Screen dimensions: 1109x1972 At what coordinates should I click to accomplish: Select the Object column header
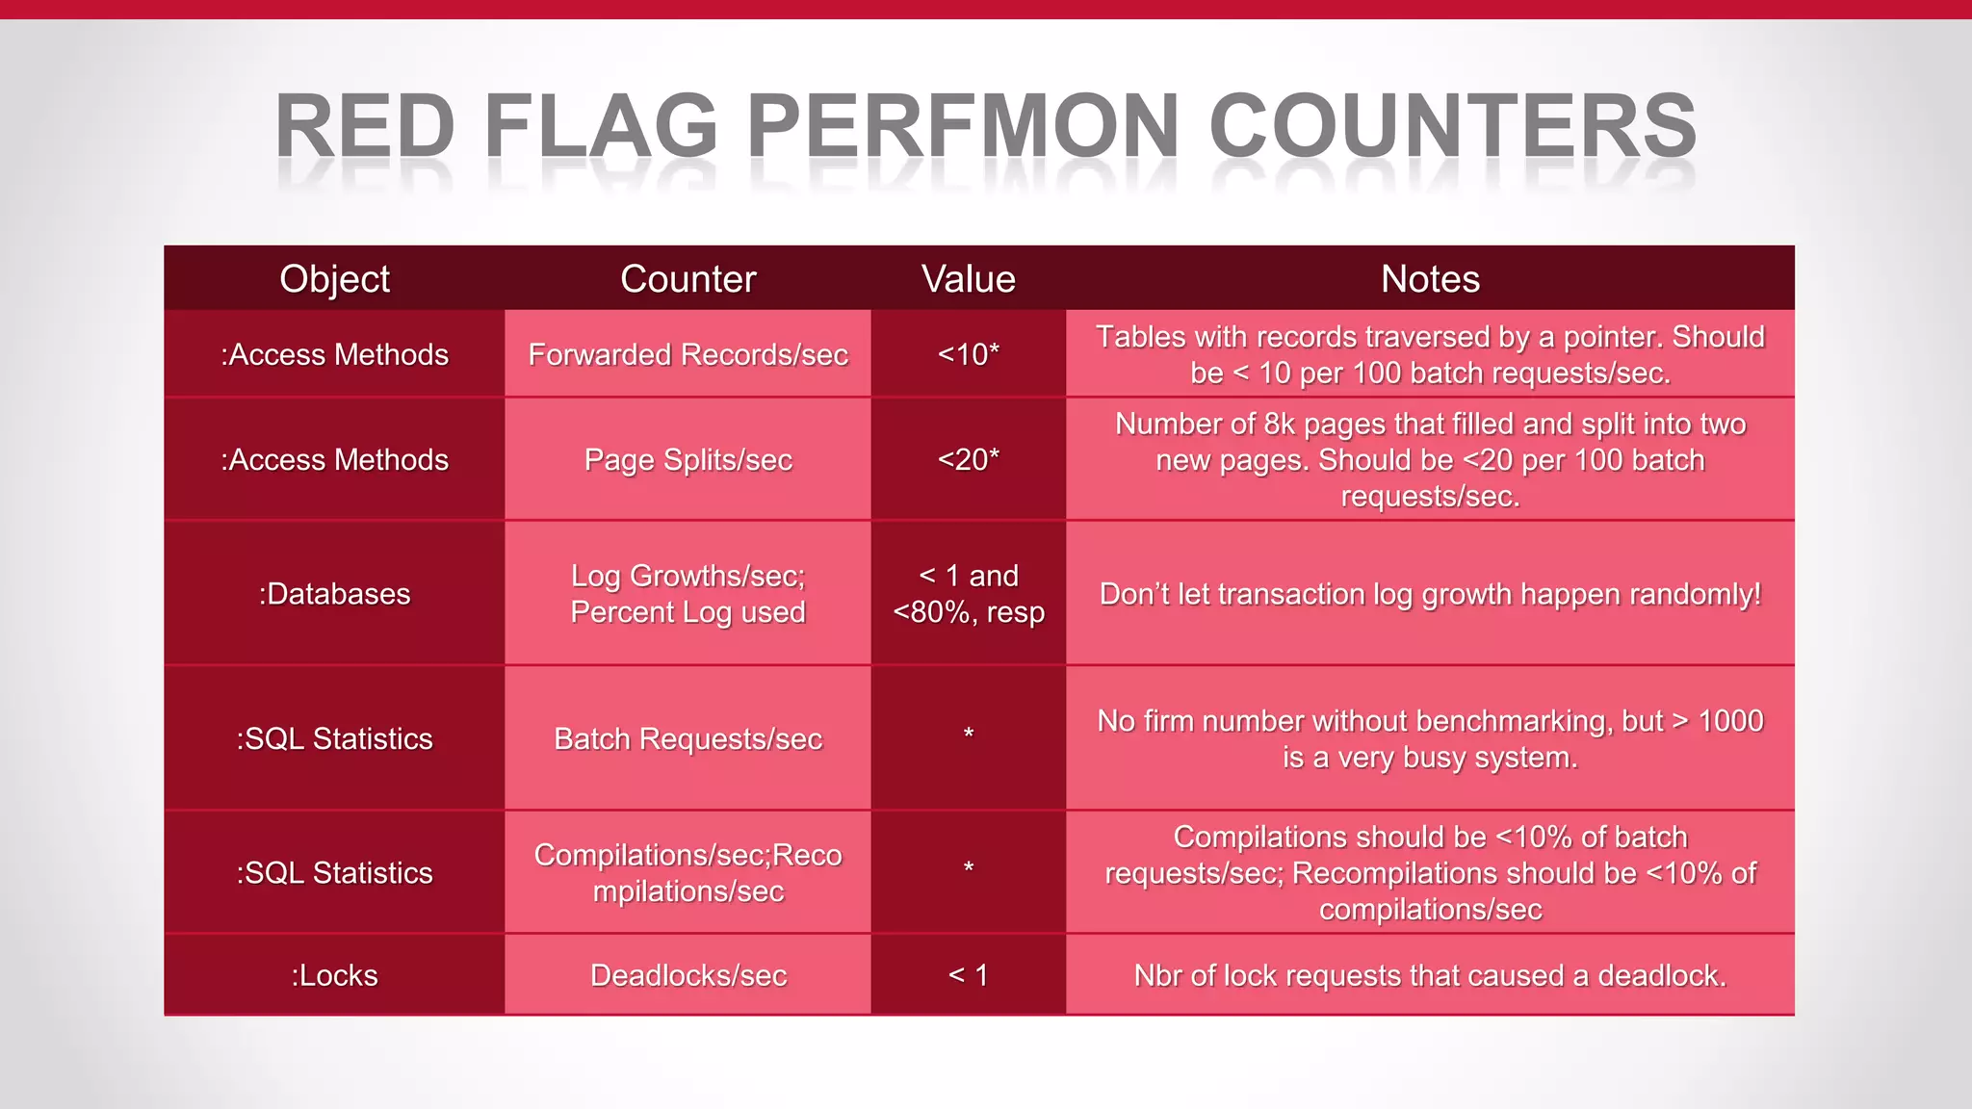334,279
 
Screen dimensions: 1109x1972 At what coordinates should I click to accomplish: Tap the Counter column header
688,279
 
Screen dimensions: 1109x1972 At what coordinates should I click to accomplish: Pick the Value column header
968,279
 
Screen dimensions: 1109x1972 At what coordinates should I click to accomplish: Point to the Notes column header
1430,279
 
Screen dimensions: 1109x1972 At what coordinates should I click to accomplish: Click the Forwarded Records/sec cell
688,354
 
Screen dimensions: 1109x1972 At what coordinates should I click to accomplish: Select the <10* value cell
968,354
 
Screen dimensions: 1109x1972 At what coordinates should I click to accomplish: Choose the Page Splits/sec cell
688,460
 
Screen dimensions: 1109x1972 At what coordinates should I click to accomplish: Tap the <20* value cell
968,460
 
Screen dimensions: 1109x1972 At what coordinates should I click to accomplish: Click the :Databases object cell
334,594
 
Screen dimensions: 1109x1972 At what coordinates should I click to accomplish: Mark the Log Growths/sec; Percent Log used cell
688,594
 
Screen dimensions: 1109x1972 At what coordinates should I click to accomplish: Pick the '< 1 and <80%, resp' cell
968,594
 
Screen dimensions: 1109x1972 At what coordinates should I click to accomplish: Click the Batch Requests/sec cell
688,739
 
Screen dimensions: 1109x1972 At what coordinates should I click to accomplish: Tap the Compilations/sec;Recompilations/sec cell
688,873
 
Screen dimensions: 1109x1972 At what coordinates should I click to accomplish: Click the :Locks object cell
334,975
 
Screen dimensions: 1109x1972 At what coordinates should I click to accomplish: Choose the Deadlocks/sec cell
688,975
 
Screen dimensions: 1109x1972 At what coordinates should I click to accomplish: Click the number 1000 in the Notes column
1730,721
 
